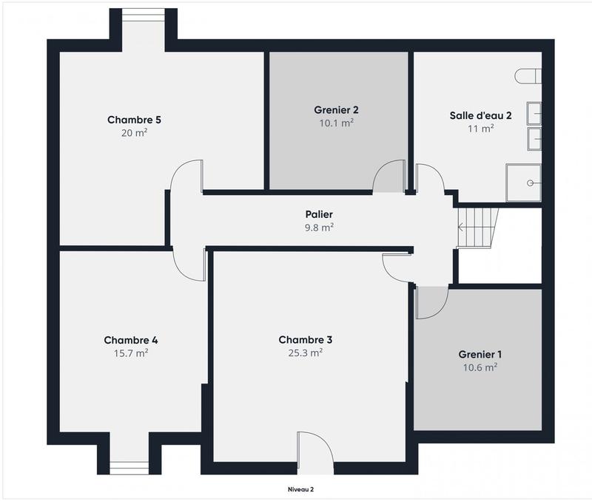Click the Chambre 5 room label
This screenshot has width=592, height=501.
134,120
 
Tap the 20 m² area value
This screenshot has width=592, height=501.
134,133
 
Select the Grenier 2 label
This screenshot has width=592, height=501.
336,110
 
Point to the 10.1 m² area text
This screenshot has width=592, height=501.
336,123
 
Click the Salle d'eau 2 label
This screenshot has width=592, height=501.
481,115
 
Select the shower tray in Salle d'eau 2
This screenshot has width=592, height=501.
524,183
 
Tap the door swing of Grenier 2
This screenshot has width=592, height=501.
387,178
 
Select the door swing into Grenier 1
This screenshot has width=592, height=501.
432,303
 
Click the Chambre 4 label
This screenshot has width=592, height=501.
130,340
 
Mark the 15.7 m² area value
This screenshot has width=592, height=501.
130,353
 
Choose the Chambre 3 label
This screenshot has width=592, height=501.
305,340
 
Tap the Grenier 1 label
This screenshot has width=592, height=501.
480,354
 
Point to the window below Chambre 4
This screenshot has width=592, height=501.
129,467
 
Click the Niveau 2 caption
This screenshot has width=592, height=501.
300,489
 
